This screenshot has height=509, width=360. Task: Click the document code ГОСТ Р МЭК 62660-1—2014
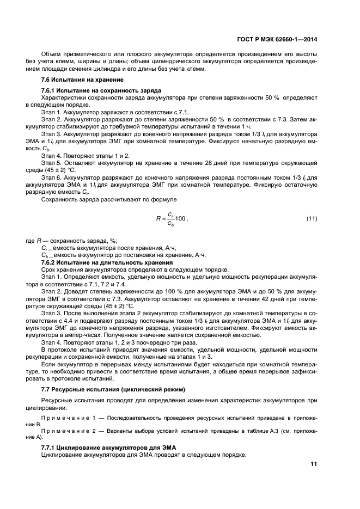277,39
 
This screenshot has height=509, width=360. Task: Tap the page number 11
313,464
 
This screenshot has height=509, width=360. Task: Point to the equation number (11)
311,218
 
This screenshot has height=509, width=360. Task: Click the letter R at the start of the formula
158,219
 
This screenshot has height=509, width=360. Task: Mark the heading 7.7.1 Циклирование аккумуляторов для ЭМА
107,447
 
